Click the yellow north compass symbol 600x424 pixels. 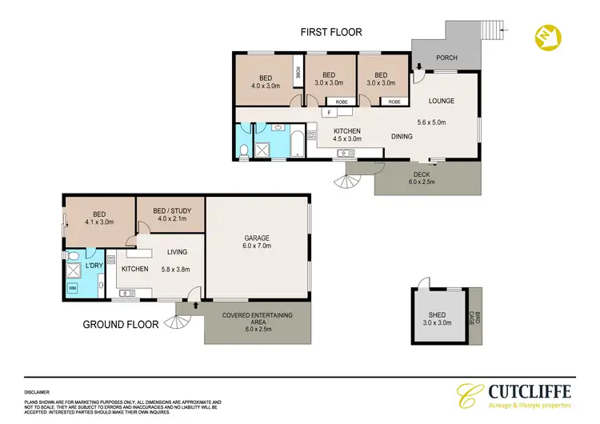[x=546, y=37]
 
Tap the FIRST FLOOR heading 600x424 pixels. [x=331, y=33]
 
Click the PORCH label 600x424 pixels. [x=446, y=58]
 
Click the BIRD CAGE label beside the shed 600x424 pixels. [x=478, y=317]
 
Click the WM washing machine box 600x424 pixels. [x=72, y=287]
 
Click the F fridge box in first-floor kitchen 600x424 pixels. [x=327, y=114]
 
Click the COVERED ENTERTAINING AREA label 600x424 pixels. [x=258, y=319]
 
